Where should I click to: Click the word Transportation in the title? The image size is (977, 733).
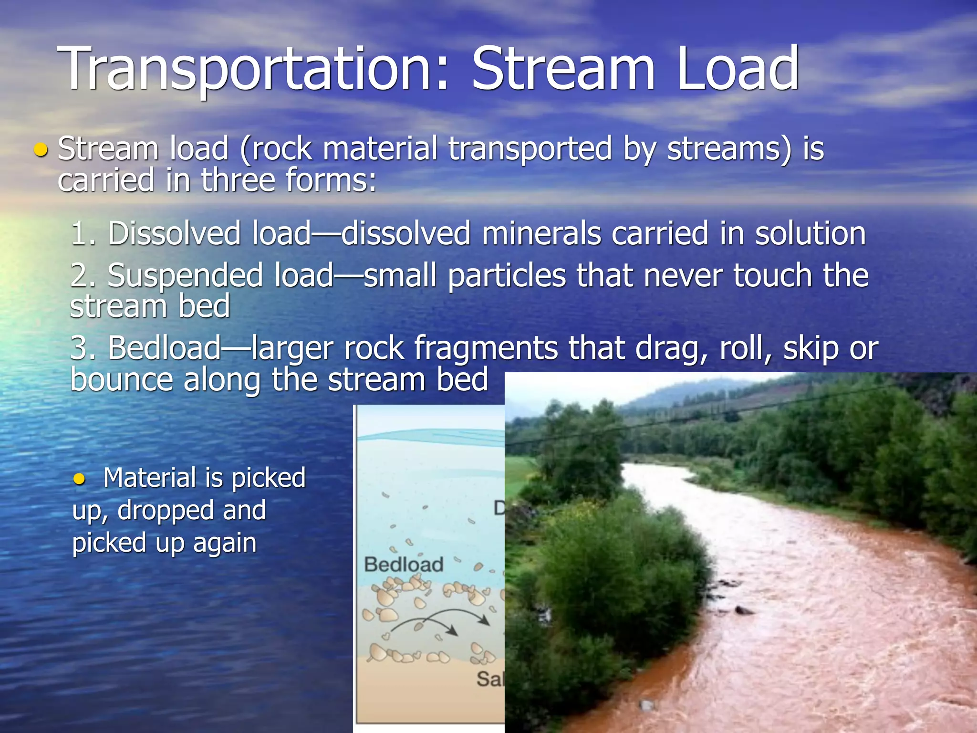tap(253, 69)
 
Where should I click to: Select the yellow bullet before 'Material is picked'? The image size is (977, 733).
tap(79, 479)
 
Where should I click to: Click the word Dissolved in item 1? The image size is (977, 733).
tap(175, 234)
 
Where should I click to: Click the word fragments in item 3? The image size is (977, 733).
tap(486, 348)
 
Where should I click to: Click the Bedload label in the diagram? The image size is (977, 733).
tap(404, 565)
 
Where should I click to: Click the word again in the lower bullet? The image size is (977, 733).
tap(225, 543)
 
